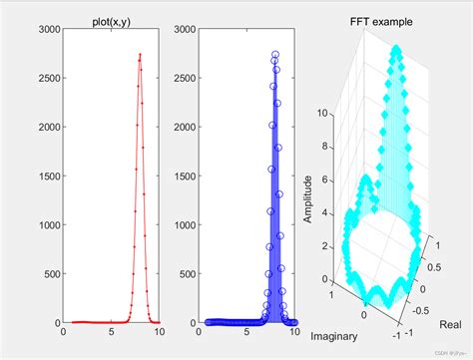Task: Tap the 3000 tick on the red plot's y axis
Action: point(48,32)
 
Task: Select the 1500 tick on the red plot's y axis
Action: point(48,177)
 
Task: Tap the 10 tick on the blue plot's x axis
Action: point(296,333)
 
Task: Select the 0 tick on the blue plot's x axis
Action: point(200,333)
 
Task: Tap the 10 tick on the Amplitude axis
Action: point(322,115)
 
